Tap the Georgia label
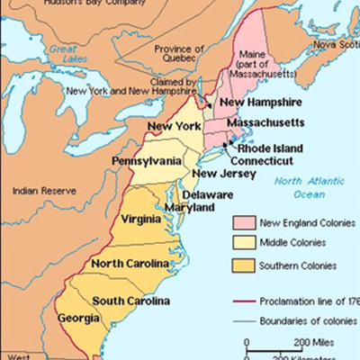tap(77, 318)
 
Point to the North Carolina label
tap(130, 263)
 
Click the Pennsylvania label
tap(147, 160)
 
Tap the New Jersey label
tap(216, 174)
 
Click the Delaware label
tap(208, 194)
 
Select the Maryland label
tap(193, 207)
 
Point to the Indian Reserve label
tap(41, 191)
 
